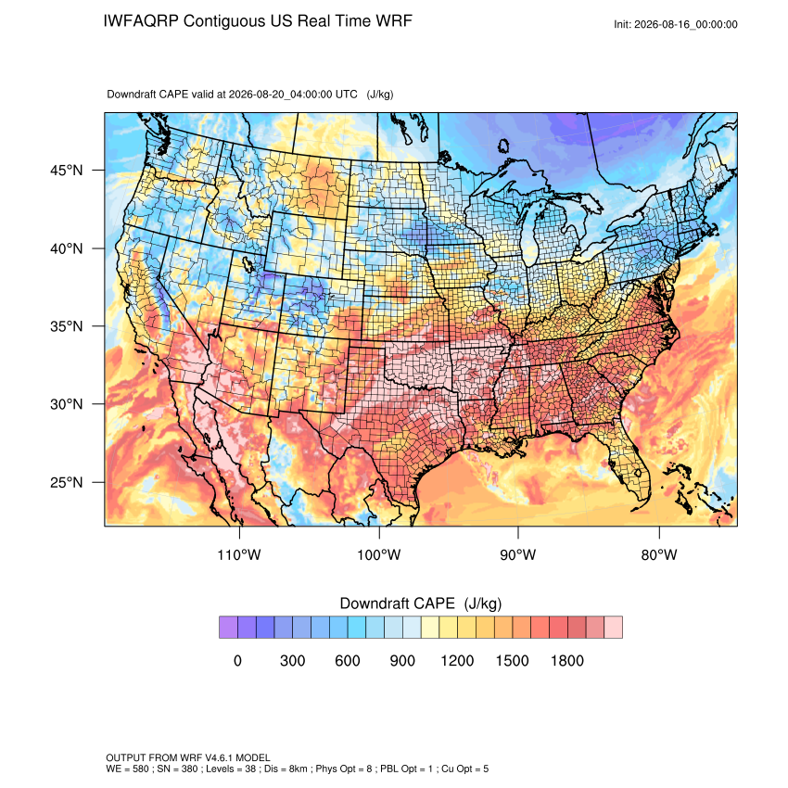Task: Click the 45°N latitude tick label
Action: (x=67, y=171)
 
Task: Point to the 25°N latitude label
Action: (x=67, y=482)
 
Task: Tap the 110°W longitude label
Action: (x=239, y=554)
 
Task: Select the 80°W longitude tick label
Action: (x=659, y=554)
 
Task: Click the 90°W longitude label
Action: (x=517, y=554)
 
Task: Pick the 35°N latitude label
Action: (x=67, y=326)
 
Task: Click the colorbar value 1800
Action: (x=566, y=660)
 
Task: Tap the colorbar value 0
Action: (x=237, y=660)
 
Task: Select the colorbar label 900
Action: (x=402, y=660)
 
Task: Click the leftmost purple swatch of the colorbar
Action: (x=228, y=628)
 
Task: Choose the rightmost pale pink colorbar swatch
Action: (x=613, y=628)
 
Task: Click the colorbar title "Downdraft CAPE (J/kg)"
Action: (x=421, y=604)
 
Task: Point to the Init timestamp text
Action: (x=676, y=24)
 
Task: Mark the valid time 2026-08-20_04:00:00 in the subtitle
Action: (x=293, y=94)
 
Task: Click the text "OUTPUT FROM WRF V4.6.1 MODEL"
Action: (x=188, y=757)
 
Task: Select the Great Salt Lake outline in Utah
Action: (x=248, y=263)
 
